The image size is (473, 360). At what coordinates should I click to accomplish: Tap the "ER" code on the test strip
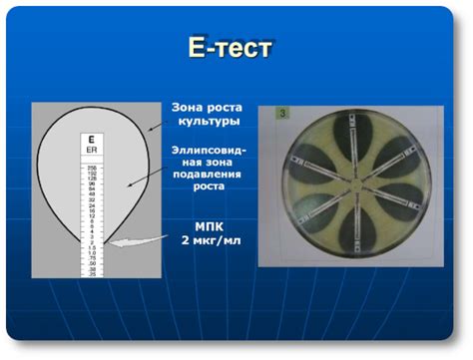click(91, 151)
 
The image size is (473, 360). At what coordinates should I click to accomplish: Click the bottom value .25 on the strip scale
click(91, 272)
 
